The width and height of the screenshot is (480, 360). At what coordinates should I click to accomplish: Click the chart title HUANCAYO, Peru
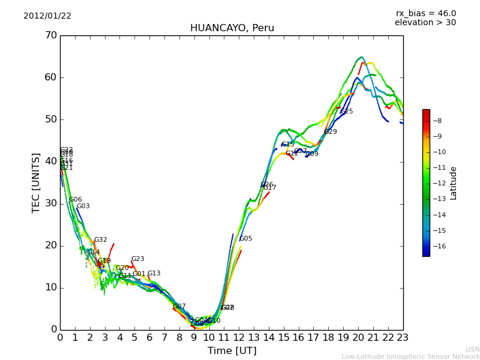(x=232, y=28)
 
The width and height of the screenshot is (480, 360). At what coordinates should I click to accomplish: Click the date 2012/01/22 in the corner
(x=47, y=16)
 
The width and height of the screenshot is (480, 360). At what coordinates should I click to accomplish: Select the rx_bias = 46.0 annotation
(x=425, y=14)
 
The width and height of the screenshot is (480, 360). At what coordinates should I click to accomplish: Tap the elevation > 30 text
(x=425, y=23)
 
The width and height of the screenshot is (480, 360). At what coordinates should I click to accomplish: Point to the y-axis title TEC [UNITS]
(x=37, y=182)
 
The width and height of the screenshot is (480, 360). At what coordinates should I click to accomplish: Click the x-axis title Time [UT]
(x=232, y=351)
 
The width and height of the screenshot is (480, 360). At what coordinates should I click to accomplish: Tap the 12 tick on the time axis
(x=239, y=338)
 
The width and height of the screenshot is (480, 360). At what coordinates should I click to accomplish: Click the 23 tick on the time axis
(x=403, y=338)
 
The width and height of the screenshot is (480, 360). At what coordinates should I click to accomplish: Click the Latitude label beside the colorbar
(x=454, y=183)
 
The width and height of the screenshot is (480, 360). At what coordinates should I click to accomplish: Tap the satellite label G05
(x=246, y=239)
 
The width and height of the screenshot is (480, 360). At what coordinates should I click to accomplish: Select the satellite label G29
(x=331, y=132)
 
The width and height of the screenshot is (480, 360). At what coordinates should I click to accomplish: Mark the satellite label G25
(x=347, y=112)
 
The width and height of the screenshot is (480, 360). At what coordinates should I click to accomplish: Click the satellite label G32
(x=100, y=240)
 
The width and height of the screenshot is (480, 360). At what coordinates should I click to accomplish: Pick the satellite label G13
(x=154, y=274)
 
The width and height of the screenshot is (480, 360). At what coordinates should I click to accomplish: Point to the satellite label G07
(x=179, y=307)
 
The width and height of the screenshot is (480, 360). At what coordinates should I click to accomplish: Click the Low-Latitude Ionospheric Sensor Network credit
(x=410, y=356)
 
